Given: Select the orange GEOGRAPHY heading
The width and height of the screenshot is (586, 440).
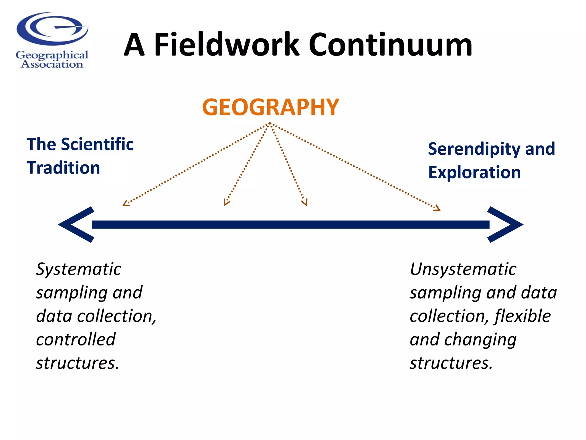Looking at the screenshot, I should pos(270,107).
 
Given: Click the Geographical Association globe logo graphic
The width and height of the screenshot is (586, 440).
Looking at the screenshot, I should pos(52,29).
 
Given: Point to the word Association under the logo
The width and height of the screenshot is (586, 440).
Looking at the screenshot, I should pos(52,64).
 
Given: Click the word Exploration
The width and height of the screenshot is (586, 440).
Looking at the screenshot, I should pos(474,172).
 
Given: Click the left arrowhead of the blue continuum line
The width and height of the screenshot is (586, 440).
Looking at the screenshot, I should pos(76,225).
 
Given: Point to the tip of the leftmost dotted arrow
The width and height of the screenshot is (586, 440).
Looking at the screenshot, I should pos(124,205).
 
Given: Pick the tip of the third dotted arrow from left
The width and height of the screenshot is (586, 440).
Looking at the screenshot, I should pos(306,205).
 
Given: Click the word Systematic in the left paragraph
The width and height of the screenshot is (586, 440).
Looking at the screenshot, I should pos(79,270).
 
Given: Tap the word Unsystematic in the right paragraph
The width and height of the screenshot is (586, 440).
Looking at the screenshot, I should pos(463,270).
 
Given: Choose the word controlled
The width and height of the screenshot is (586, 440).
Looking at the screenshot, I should pos(76,340).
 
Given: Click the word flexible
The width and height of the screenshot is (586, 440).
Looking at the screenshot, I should pos(522,316).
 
